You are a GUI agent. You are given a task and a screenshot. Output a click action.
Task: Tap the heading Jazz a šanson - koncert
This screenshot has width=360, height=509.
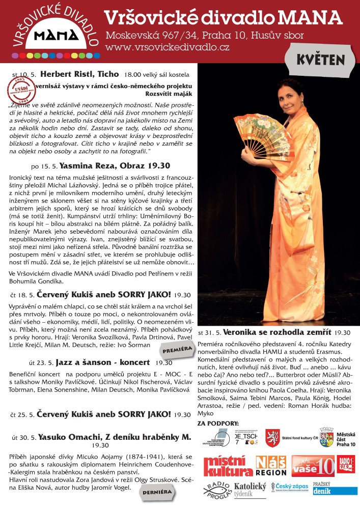pyautogui.click(x=104, y=362)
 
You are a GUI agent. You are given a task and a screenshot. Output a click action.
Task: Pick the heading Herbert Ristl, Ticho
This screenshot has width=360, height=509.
pyautogui.click(x=79, y=74)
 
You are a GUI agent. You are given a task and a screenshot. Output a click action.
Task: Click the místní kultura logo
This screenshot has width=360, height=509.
pyautogui.click(x=228, y=466)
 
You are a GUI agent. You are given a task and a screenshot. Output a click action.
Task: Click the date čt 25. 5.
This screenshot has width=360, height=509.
pyautogui.click(x=22, y=414)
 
